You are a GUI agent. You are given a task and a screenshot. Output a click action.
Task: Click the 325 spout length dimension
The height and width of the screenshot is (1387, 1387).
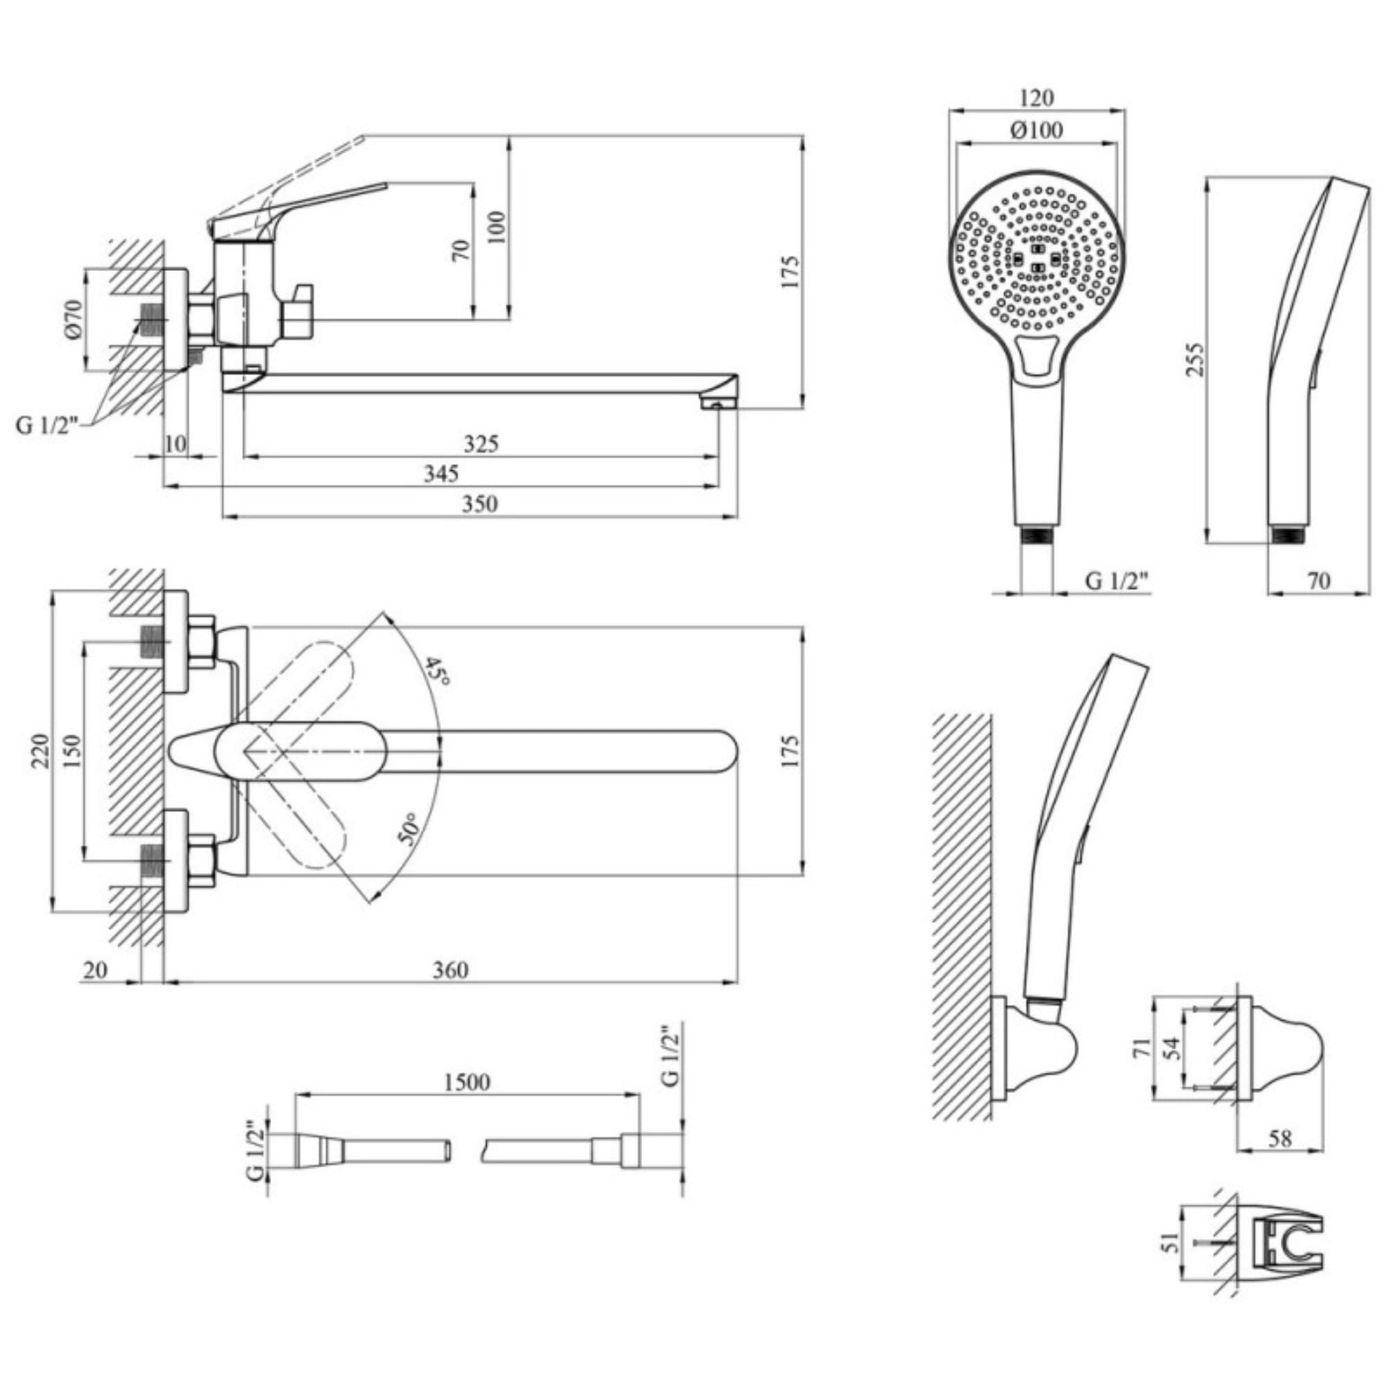tap(481, 444)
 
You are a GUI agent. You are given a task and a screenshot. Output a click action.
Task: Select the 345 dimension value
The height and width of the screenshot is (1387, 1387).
tap(441, 474)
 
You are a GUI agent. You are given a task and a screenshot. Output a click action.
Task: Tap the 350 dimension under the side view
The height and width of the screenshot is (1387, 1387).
tap(479, 504)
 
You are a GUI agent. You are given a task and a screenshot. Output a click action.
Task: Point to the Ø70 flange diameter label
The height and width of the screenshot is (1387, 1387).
tap(75, 320)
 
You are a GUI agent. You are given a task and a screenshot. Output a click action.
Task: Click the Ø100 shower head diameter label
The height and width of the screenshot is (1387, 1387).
tap(1036, 130)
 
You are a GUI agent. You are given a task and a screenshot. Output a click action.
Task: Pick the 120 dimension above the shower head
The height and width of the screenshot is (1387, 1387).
tap(1036, 97)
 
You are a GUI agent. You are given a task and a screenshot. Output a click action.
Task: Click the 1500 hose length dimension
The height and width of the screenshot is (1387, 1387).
tap(467, 1082)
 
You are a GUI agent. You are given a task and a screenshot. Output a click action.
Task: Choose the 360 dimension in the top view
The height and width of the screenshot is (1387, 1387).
tap(450, 970)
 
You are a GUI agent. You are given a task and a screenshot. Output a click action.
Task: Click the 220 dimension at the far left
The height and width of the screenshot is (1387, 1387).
tap(40, 751)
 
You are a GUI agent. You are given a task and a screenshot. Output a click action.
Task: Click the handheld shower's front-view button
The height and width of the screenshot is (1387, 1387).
tap(1036, 356)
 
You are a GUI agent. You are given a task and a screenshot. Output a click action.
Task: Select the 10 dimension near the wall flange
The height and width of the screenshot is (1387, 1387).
tap(175, 444)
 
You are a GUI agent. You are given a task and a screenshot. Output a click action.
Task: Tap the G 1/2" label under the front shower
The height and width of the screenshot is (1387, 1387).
tap(1117, 580)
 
